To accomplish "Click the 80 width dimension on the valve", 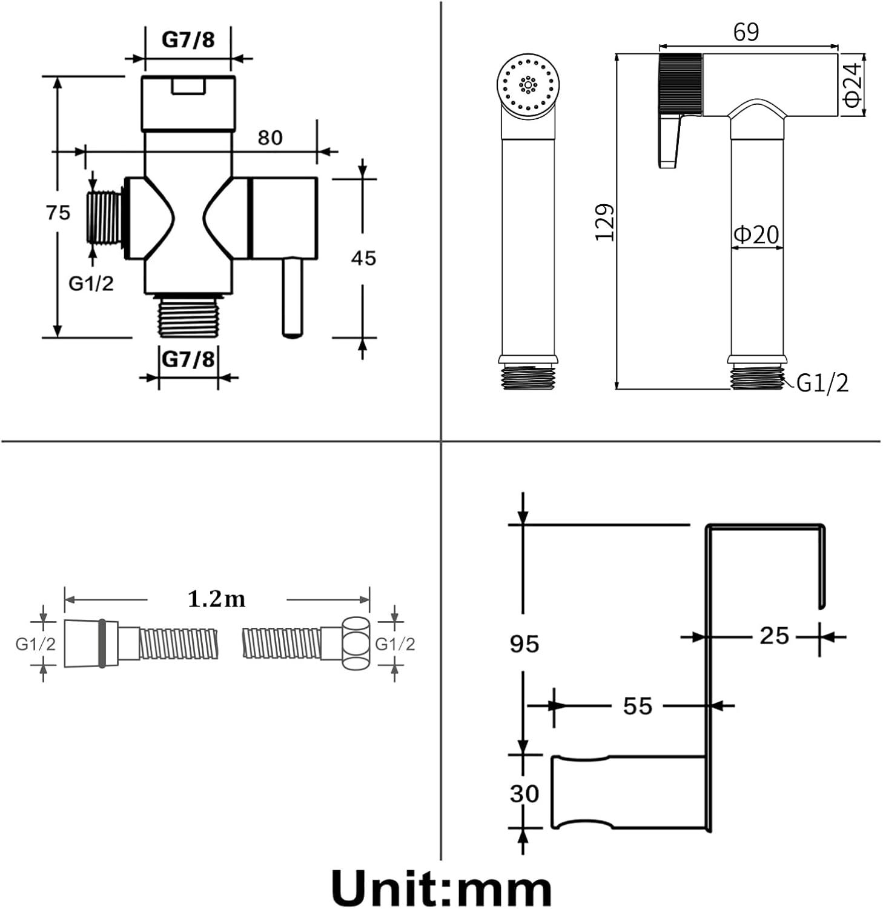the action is [x=270, y=138].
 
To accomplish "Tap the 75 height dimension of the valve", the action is [x=58, y=213].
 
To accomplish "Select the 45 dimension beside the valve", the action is [x=363, y=258].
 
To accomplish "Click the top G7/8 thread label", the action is [x=188, y=40].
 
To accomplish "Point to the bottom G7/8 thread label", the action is [x=188, y=359].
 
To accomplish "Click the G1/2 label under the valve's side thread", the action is [x=91, y=283].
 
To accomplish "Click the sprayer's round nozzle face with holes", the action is [x=528, y=86].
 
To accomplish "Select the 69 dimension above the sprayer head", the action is [x=746, y=32].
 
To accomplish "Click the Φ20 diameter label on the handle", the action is [x=756, y=235].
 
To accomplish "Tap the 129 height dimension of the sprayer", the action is [x=604, y=222].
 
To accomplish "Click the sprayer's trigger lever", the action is [x=670, y=141].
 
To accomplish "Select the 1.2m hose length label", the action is [x=216, y=599].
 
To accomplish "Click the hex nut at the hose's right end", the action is [x=356, y=643].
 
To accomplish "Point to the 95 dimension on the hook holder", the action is [x=524, y=644].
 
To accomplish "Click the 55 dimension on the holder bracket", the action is [x=638, y=706].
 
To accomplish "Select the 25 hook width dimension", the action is [x=775, y=636].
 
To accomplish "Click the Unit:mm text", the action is [x=441, y=887].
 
